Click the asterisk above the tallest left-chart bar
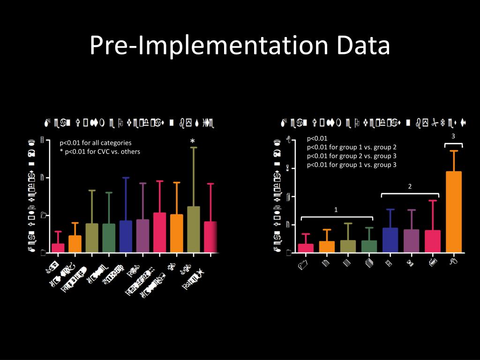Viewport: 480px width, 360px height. [192, 142]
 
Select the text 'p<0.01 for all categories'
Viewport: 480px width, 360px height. [95, 142]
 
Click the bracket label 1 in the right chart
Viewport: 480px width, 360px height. [336, 209]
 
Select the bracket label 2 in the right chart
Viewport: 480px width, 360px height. [410, 187]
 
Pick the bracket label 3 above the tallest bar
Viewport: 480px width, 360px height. [453, 136]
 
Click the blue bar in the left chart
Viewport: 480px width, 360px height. [126, 236]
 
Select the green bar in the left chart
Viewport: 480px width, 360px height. [109, 238]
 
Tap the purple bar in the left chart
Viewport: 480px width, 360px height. [142, 236]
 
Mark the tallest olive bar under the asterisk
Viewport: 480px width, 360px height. [193, 229]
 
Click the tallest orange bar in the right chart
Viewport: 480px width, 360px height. [453, 211]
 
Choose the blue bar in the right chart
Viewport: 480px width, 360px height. [390, 240]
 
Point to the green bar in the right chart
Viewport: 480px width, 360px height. [369, 246]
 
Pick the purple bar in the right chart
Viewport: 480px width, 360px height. [411, 240]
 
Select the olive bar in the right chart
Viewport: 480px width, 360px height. [348, 246]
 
